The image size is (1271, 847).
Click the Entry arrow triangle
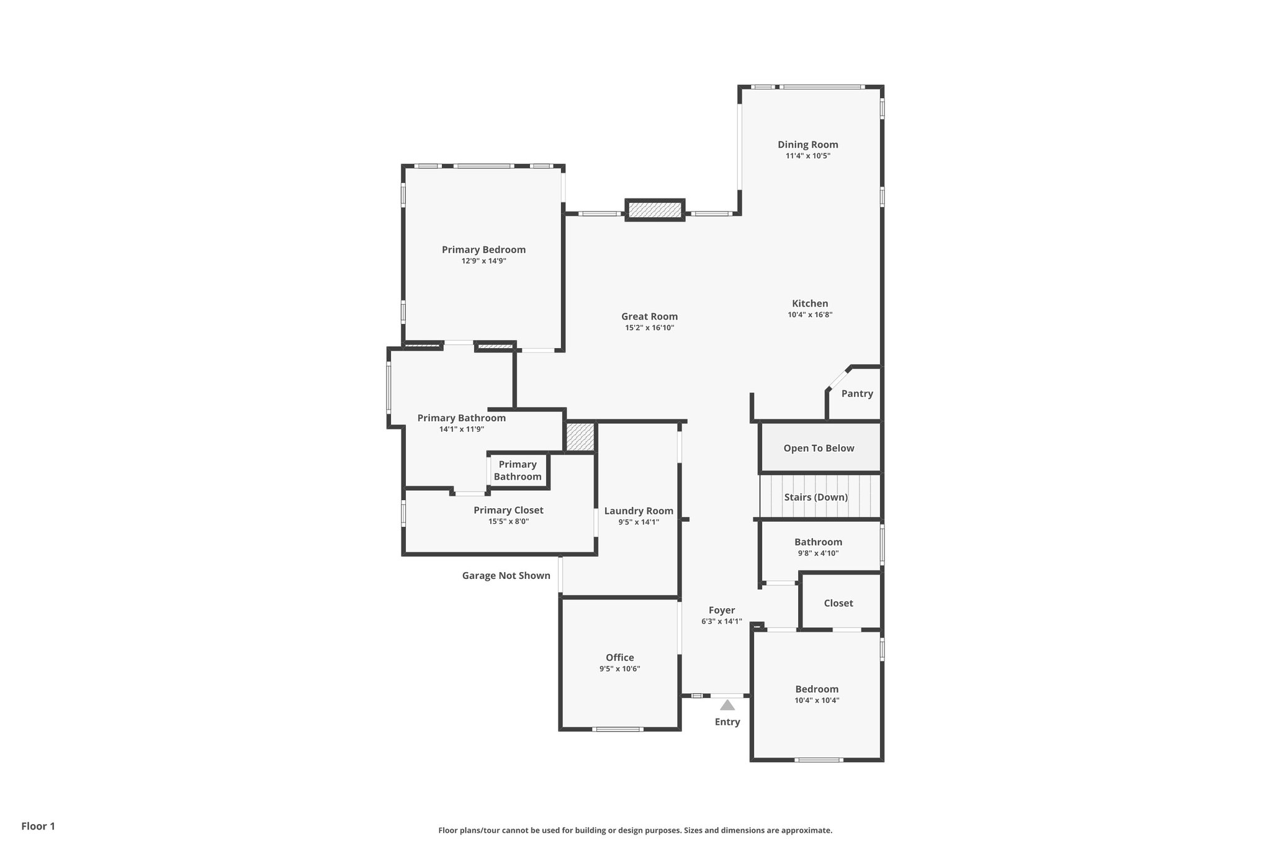click(x=727, y=705)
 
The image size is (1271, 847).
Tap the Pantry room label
click(x=857, y=393)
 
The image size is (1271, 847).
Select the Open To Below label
click(x=819, y=448)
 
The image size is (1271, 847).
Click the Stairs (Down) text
click(x=815, y=497)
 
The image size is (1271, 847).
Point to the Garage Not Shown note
click(x=506, y=575)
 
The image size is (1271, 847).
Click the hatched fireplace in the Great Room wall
click(x=654, y=210)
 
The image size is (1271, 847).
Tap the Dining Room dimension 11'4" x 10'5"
click(x=807, y=156)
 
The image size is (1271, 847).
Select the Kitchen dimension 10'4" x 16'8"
click(x=810, y=315)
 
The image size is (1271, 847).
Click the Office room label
click(x=619, y=658)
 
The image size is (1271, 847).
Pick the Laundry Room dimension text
click(x=638, y=522)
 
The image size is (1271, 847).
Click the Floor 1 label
click(x=38, y=826)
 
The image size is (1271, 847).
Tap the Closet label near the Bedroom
click(x=838, y=603)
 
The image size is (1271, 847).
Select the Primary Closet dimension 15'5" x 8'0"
click(x=508, y=521)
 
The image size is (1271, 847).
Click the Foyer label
click(x=721, y=611)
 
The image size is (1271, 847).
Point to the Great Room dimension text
click(x=649, y=328)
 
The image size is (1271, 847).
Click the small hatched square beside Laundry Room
click(x=580, y=437)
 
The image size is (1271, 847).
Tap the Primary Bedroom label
click(x=483, y=249)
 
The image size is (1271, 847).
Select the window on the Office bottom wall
click(x=617, y=729)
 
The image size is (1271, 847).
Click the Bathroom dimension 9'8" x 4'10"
click(x=818, y=553)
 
